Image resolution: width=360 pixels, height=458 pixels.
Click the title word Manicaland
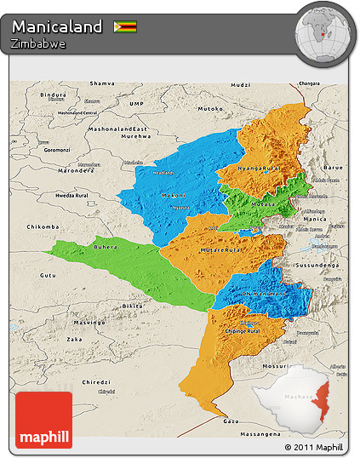click(x=57, y=26)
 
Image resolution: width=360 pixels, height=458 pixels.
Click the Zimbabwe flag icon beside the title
click(x=125, y=26)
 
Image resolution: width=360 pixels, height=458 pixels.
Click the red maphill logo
click(x=43, y=420)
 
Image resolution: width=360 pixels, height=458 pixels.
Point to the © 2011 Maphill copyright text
click(x=314, y=447)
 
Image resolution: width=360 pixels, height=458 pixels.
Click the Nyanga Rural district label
click(x=260, y=169)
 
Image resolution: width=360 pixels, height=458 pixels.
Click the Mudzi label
click(x=242, y=86)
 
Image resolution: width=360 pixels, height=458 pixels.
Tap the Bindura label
click(x=54, y=94)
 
